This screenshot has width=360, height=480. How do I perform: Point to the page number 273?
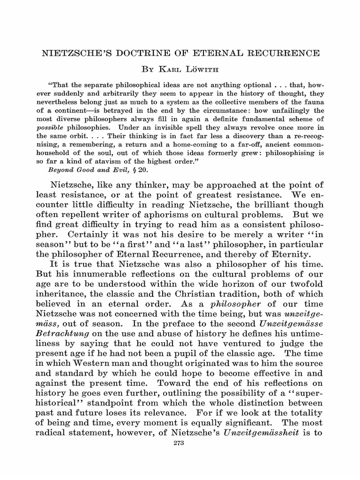(x=180, y=443)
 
